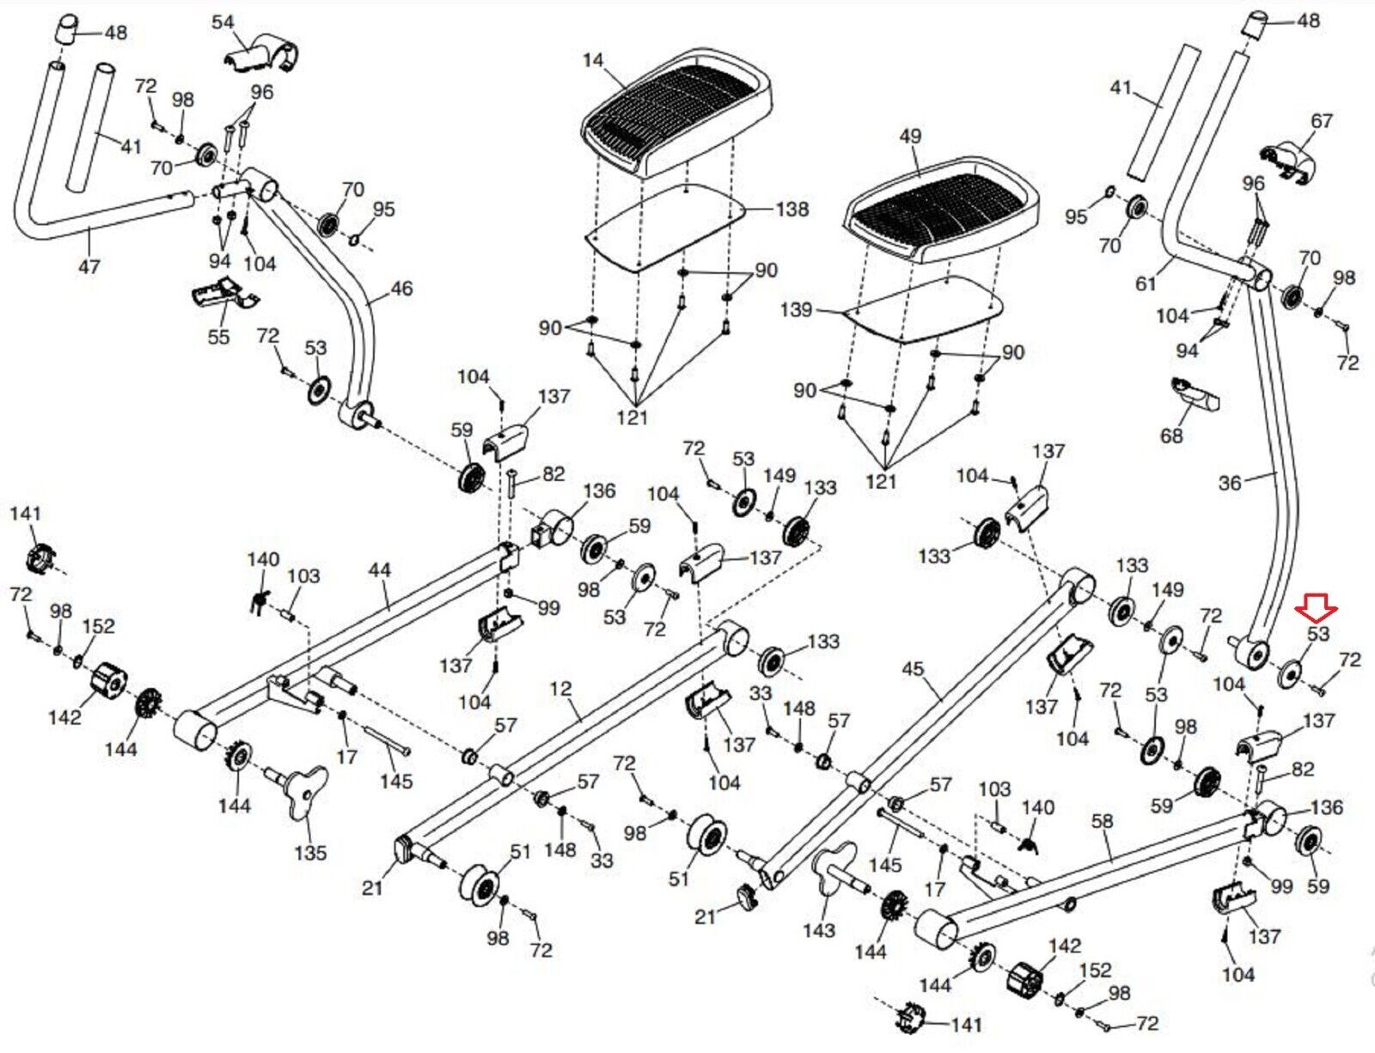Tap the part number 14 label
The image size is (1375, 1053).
[593, 61]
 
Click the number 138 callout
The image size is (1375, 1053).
[791, 209]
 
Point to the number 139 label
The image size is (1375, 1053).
[796, 309]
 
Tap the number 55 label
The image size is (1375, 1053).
[218, 337]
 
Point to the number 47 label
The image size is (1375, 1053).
[89, 267]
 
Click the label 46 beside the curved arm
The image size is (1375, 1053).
[401, 289]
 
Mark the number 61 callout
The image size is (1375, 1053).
[1146, 283]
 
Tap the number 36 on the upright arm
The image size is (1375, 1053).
[1230, 483]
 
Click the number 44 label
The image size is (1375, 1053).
[379, 570]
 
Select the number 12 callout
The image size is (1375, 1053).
[560, 689]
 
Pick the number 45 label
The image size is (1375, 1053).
[913, 669]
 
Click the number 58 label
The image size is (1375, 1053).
[1103, 821]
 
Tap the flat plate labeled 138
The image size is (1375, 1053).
[666, 228]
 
